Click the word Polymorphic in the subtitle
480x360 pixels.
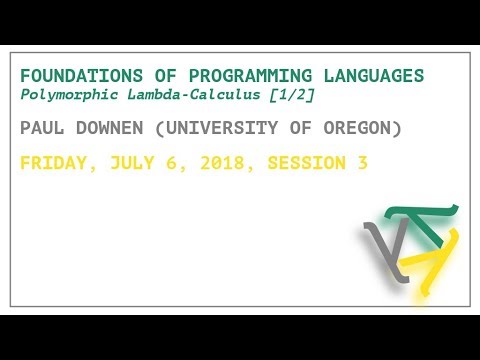(x=66, y=94)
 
